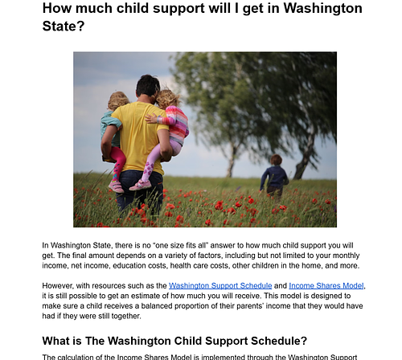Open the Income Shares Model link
326,285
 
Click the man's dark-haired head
147,87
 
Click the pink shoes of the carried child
142,185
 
